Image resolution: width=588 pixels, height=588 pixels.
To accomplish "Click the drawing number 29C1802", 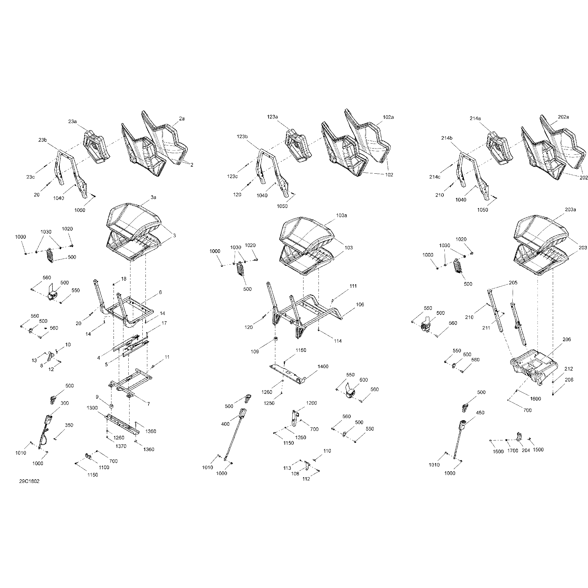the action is tap(29, 481).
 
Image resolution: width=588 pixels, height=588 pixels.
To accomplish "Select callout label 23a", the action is tap(73, 122).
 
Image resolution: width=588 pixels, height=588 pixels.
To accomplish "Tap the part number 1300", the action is tap(92, 408).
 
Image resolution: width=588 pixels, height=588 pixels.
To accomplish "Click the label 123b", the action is tap(242, 137).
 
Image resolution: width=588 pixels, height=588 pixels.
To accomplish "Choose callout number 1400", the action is tap(323, 367).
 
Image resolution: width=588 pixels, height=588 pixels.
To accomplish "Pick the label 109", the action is tap(255, 352).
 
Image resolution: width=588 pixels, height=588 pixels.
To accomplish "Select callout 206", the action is tap(567, 340).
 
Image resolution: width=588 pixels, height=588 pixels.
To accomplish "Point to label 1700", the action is tap(513, 451).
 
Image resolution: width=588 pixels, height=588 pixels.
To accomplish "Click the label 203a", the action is tap(571, 210).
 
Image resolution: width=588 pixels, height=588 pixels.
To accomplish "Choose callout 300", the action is tap(65, 403).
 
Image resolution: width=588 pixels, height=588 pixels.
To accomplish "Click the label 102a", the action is tap(388, 117).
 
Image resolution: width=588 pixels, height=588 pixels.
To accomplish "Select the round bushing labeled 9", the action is tap(111, 406).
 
